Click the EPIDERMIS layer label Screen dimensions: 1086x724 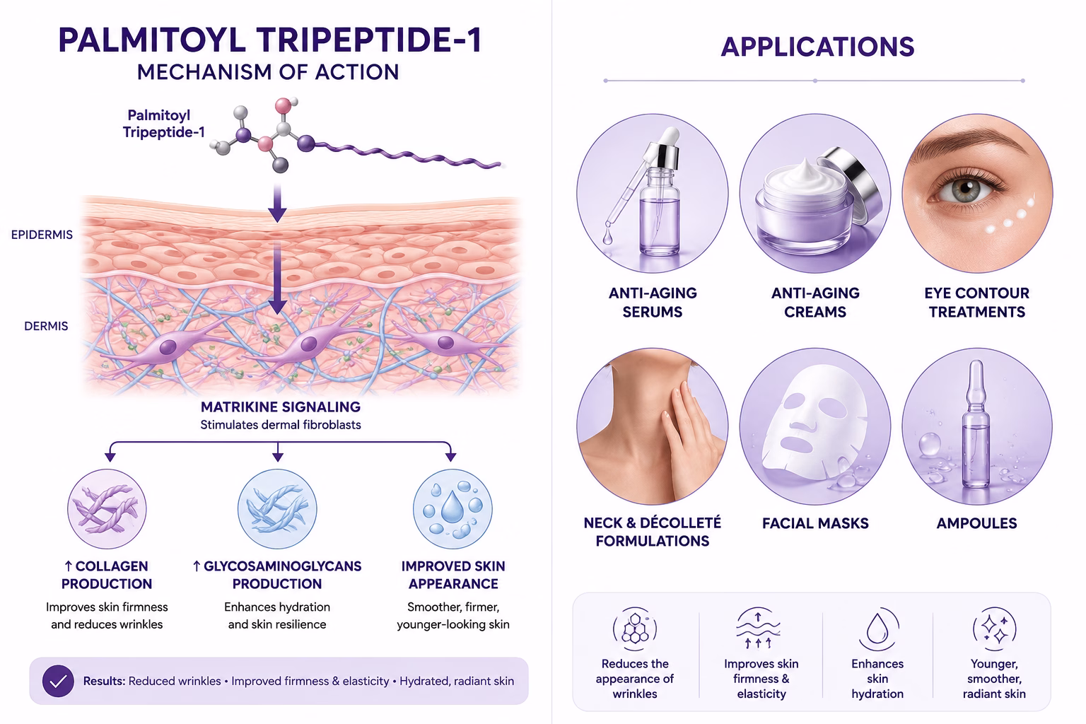tap(42, 235)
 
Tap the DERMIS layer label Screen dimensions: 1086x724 tap(46, 326)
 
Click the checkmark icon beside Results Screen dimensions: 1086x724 tap(58, 681)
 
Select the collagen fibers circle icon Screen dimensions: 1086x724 tap(107, 508)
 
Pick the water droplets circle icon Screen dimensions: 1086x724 tap(452, 508)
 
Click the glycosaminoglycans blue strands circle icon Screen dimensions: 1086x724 tap(277, 508)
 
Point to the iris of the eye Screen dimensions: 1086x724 tap(966, 189)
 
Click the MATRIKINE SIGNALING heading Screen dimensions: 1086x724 tap(281, 407)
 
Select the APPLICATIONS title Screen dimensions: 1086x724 tap(817, 47)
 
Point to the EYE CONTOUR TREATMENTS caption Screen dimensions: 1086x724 tap(976, 302)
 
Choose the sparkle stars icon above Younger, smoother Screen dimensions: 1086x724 tap(994, 629)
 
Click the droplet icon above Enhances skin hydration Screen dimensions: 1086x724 tap(877, 629)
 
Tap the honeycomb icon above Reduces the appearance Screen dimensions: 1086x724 tap(635, 629)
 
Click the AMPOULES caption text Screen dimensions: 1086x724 tap(976, 523)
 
